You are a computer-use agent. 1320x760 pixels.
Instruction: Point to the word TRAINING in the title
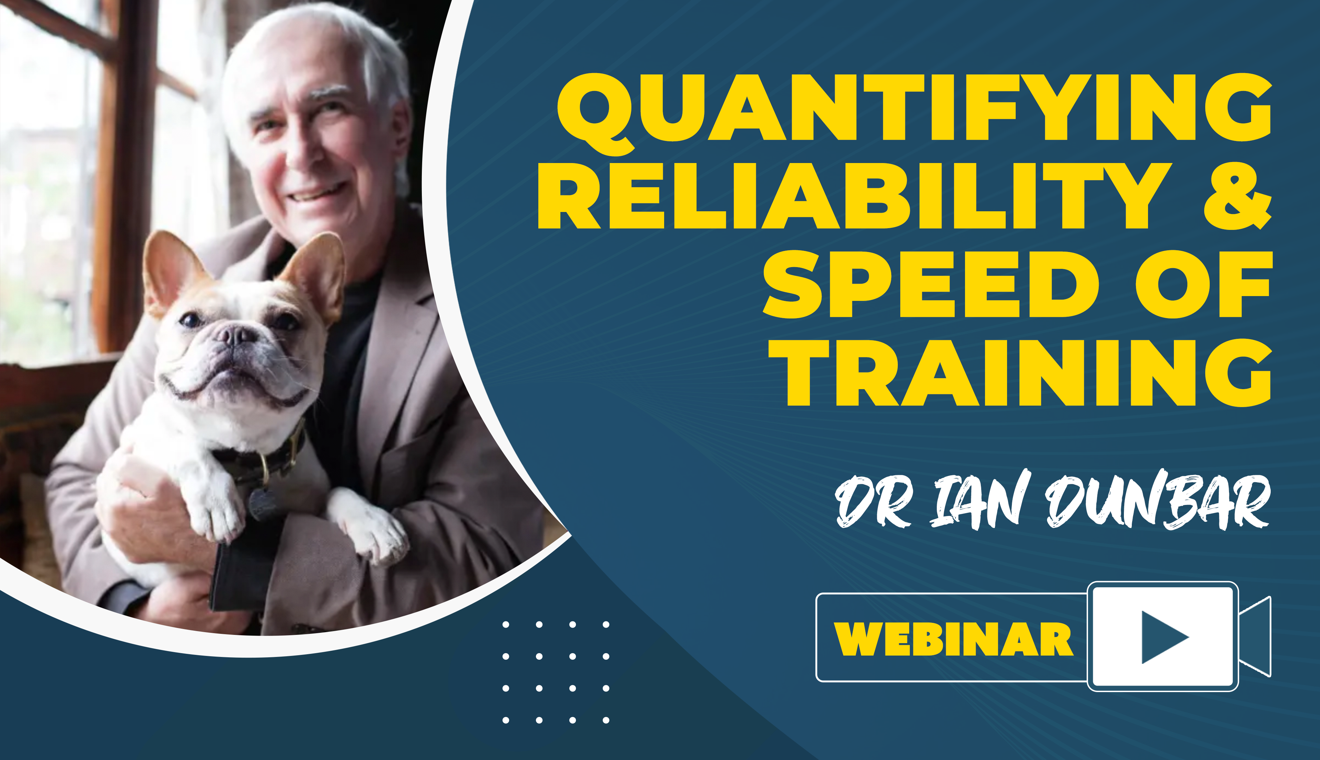[1021, 373]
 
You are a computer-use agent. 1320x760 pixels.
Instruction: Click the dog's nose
[236, 334]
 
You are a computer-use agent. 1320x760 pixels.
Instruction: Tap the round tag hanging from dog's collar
[263, 504]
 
